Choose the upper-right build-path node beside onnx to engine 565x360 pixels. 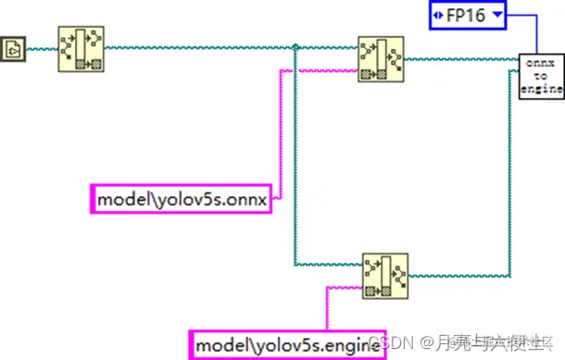[381, 59]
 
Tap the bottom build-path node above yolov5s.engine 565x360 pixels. [384, 277]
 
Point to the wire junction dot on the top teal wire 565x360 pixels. [295, 48]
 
